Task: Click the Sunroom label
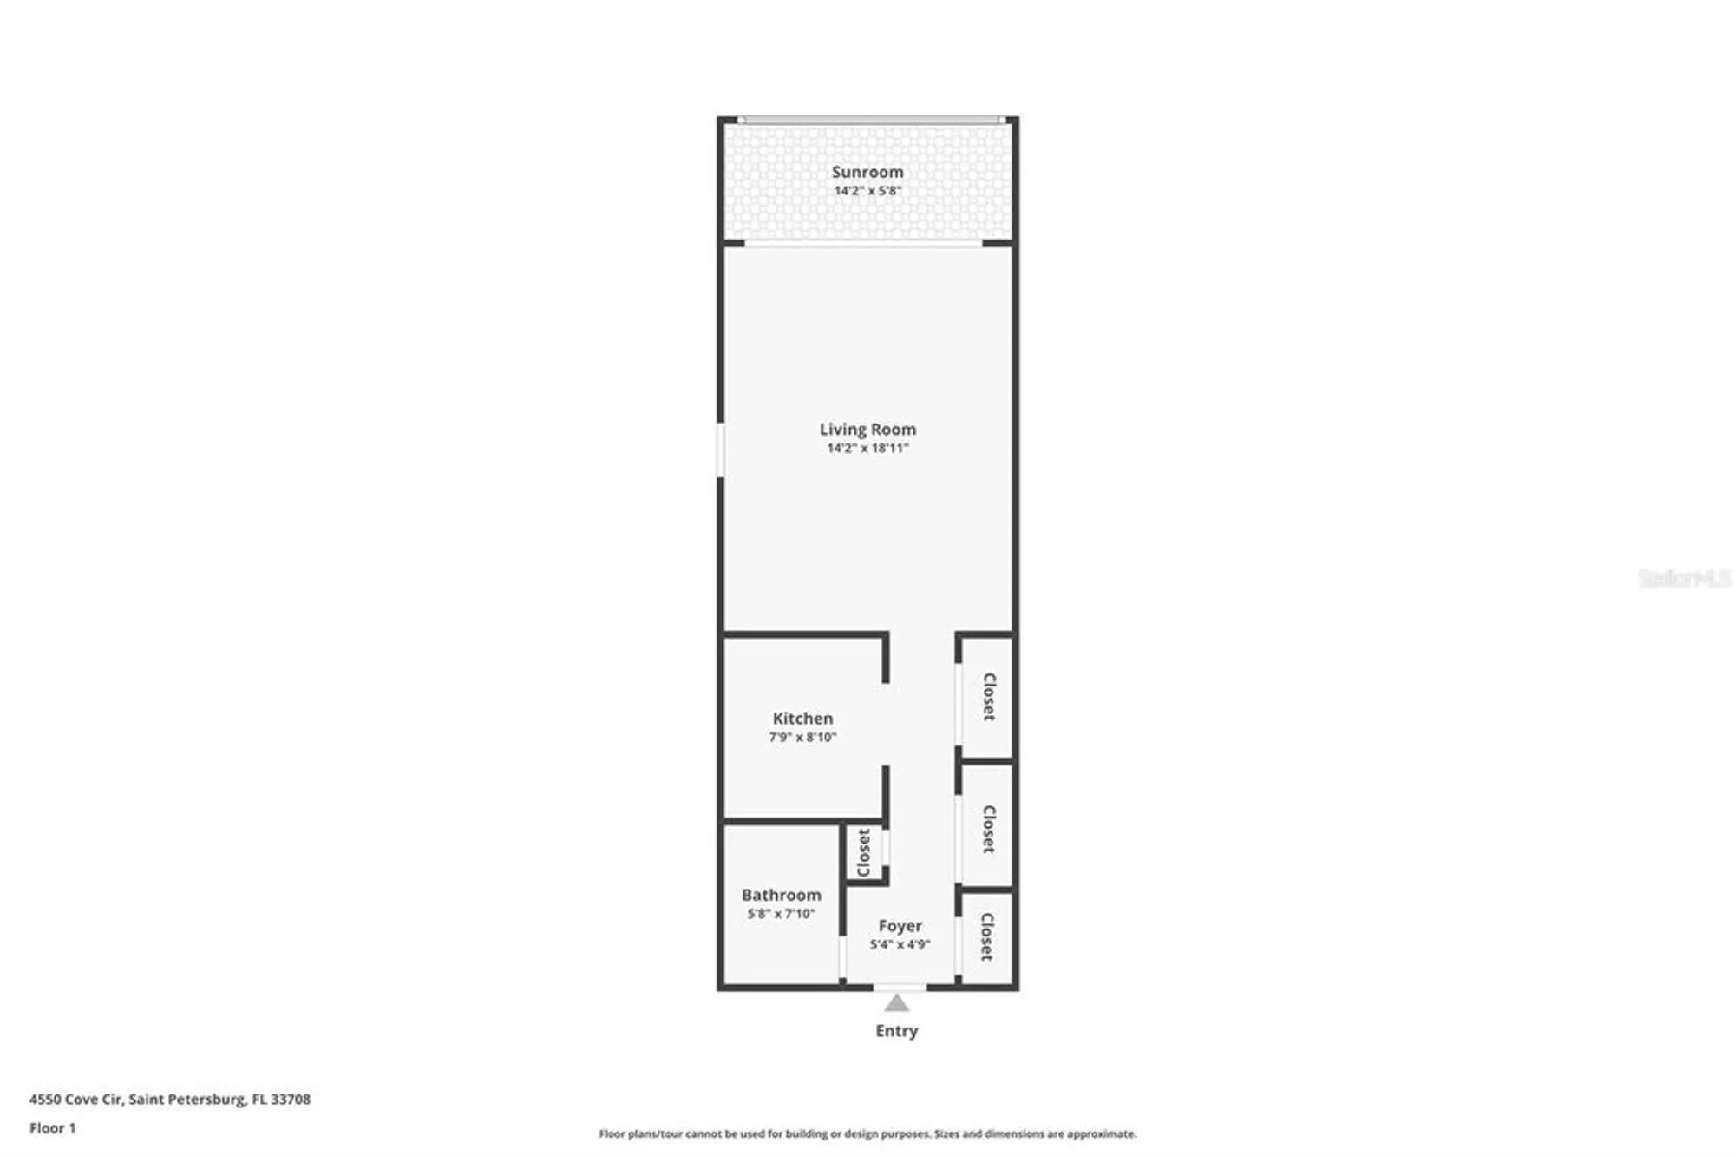click(867, 172)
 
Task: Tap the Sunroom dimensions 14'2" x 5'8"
click(867, 191)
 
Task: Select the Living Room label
click(867, 429)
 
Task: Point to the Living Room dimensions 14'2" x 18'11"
click(867, 448)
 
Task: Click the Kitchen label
click(802, 719)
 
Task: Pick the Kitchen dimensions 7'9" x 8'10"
click(802, 738)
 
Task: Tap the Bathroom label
click(781, 895)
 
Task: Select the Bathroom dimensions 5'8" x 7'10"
click(781, 914)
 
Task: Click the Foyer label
click(900, 926)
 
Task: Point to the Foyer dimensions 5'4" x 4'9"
click(900, 944)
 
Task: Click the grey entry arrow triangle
click(896, 1004)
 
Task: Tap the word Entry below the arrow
click(896, 1031)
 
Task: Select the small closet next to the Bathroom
click(864, 852)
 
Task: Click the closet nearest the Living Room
click(987, 696)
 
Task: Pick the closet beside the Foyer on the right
click(986, 937)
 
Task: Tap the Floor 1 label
click(52, 1128)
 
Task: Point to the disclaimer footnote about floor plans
click(867, 1133)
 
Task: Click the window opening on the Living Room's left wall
click(720, 450)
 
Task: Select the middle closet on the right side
click(987, 828)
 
